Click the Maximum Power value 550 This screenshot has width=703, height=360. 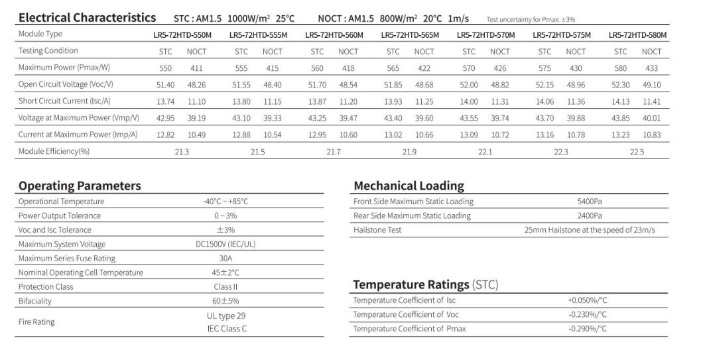click(x=166, y=68)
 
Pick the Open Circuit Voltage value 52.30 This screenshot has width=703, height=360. click(x=620, y=84)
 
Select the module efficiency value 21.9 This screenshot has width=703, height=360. click(x=409, y=152)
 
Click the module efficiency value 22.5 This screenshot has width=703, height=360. click(x=637, y=152)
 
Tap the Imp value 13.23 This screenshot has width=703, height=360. click(x=620, y=135)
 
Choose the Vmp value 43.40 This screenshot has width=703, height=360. click(x=393, y=117)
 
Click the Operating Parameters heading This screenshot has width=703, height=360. click(x=80, y=186)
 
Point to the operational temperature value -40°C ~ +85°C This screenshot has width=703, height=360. click(x=225, y=202)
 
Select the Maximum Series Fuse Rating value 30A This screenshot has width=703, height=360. click(x=225, y=259)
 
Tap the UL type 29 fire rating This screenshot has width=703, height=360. click(x=225, y=316)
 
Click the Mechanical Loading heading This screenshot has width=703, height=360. click(x=409, y=186)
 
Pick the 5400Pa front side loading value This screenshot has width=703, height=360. click(x=590, y=202)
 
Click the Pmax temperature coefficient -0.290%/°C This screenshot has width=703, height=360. click(x=587, y=329)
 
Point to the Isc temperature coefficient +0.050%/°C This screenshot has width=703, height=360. click(x=587, y=300)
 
